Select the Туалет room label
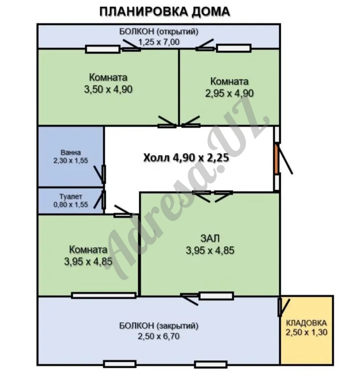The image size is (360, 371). pos(71,197)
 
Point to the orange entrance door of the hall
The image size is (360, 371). pos(277,159)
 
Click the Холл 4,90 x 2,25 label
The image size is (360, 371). pos(185,157)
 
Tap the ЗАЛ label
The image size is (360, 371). pos(210,238)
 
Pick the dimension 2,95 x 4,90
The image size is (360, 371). pos(229,93)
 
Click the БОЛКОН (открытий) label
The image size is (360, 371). pos(159,32)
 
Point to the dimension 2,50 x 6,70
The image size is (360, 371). pos(159,336)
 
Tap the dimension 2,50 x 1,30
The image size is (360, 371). pos(306,332)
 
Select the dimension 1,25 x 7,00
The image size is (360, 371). pos(159,42)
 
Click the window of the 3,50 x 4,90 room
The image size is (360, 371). pos(102,48)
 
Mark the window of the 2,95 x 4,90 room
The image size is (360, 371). pos(234,48)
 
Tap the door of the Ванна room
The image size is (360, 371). pos(103,173)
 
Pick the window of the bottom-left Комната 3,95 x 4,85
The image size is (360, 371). pos(103,295)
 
